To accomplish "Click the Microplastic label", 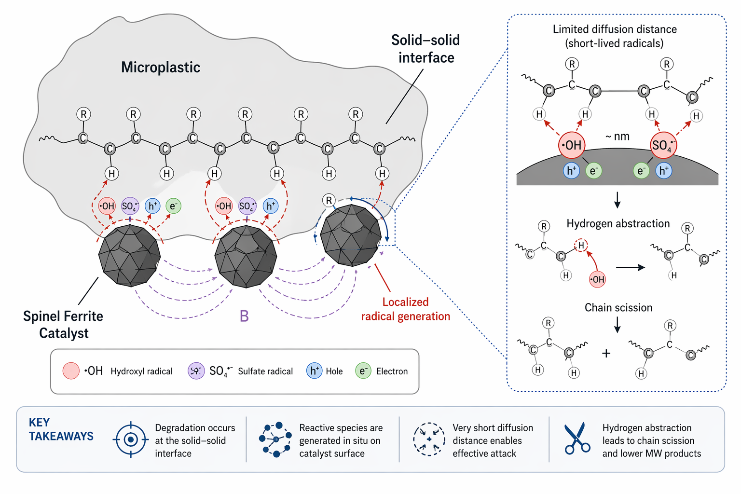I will [x=160, y=67].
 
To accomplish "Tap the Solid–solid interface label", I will [x=425, y=49].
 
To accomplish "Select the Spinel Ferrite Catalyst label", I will [x=63, y=325].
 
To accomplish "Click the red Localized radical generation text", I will [x=405, y=309].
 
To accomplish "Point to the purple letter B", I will [x=244, y=316].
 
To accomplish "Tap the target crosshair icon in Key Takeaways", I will [x=130, y=439].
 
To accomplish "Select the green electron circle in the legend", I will [x=363, y=370].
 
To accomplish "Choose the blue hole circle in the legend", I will [x=314, y=370].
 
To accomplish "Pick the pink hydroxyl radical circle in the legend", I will [x=71, y=370].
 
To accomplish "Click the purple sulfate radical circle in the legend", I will [x=196, y=370].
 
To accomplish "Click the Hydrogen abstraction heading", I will [x=618, y=223].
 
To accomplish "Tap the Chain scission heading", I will [x=618, y=307].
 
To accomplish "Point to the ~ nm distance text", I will [x=617, y=137].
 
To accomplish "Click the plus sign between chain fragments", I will [x=606, y=353].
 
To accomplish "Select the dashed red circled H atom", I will [x=581, y=246].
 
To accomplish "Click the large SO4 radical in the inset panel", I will [x=663, y=145].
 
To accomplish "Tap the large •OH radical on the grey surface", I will [x=572, y=145].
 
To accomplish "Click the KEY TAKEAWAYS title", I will [x=61, y=429].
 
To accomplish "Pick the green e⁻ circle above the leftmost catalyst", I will [x=173, y=206].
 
